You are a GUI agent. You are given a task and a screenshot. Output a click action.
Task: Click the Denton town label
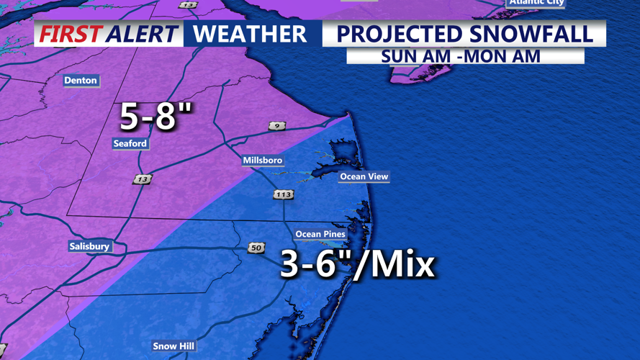coord(80,81)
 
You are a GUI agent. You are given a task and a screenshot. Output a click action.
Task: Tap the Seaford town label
coord(130,144)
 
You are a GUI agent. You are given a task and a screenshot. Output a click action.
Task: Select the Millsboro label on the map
coord(263,161)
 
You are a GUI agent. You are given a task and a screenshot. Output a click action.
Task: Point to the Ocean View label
coord(364,176)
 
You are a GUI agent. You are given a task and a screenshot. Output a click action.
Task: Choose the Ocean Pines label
coord(320,234)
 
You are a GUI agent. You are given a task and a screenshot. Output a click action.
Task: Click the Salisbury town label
coord(89,246)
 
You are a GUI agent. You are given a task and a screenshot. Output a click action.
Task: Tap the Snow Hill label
coord(173,346)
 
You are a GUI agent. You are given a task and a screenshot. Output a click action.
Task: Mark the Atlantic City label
coord(536,3)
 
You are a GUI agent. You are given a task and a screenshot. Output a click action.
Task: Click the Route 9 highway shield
coord(277,126)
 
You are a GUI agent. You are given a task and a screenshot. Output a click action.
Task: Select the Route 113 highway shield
coord(283,194)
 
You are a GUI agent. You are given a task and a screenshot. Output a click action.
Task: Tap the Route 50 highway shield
coord(256,248)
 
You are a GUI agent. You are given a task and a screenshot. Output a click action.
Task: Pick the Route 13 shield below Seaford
coord(142,179)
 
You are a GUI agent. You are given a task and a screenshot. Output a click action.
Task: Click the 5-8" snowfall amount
coord(156,116)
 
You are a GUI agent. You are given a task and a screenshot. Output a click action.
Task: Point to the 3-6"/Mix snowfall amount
coord(357,264)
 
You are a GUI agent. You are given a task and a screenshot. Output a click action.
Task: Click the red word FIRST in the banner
coord(70,34)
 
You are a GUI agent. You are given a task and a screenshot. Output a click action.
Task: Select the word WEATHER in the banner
coord(250,34)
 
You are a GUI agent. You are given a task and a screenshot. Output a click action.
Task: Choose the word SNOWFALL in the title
coord(537,34)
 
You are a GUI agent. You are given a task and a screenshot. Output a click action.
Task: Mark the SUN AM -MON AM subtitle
coord(461,56)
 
